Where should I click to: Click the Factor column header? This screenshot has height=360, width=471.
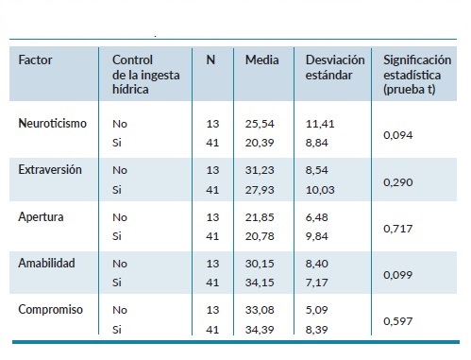tap(36, 60)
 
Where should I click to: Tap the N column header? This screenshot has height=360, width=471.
tap(211, 60)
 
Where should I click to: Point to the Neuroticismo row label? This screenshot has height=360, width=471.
tap(50, 123)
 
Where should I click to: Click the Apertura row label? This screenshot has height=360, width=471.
tap(40, 216)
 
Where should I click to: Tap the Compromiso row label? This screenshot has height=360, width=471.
tap(47, 309)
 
